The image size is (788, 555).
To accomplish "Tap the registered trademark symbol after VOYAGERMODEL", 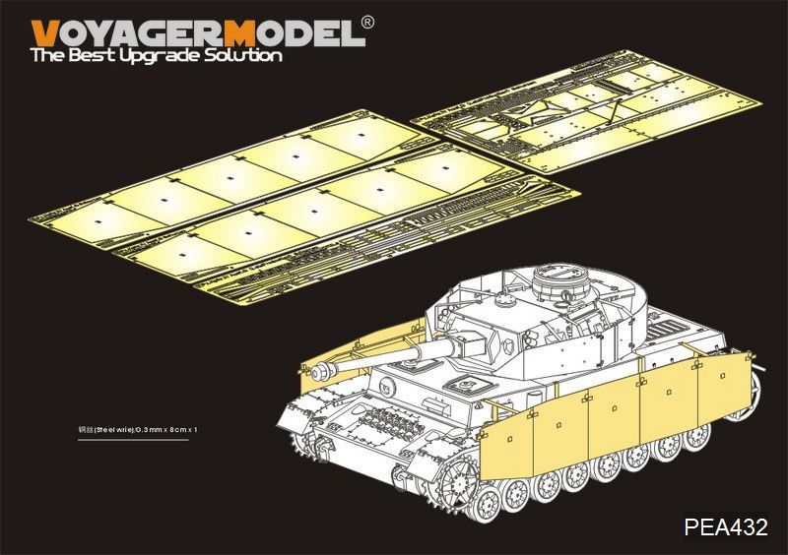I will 366,21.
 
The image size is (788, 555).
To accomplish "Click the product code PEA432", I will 725,528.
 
